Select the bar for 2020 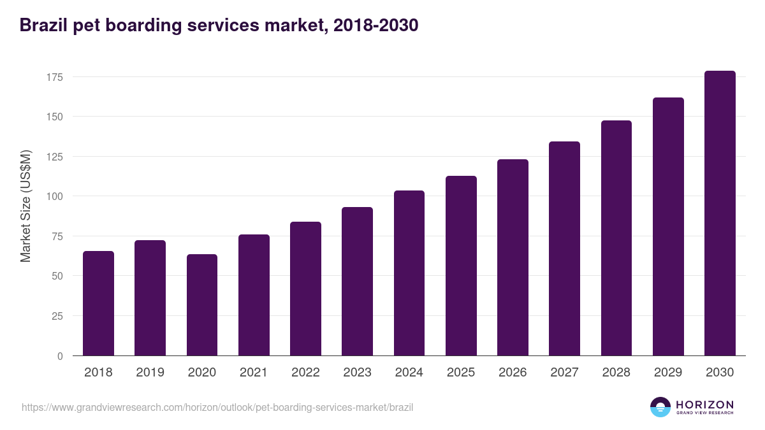click(x=202, y=305)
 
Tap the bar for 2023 click(x=357, y=282)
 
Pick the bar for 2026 click(x=513, y=257)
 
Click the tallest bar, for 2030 click(x=720, y=213)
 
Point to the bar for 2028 click(x=616, y=238)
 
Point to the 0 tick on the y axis click(x=60, y=356)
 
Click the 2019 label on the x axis click(x=150, y=373)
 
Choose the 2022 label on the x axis click(x=305, y=373)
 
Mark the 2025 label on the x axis click(x=461, y=373)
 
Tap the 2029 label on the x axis click(x=668, y=373)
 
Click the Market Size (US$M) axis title click(x=25, y=206)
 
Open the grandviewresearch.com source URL click(x=217, y=407)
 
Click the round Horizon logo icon click(x=660, y=407)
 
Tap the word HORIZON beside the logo click(x=704, y=405)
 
